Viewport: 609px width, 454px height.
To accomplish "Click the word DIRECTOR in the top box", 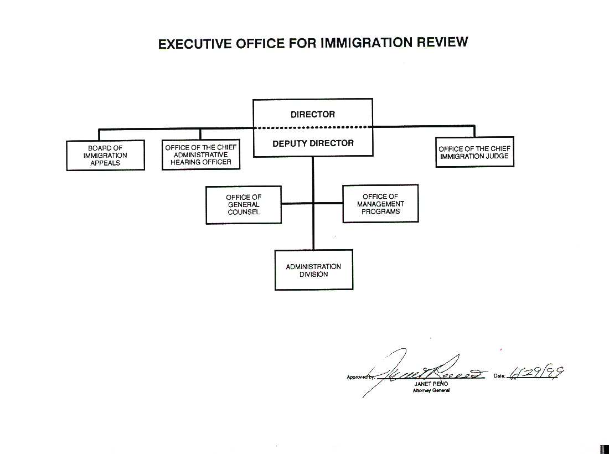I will pyautogui.click(x=313, y=115).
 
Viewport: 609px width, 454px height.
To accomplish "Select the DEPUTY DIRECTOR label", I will pyautogui.click(x=313, y=143).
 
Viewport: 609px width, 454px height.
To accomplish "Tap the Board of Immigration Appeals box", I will pyautogui.click(x=105, y=156).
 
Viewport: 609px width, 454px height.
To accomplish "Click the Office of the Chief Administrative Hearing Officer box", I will pyautogui.click(x=201, y=155).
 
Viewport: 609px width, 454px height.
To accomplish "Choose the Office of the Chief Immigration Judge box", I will pyautogui.click(x=474, y=152).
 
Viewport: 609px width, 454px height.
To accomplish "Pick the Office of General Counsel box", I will pyautogui.click(x=244, y=205).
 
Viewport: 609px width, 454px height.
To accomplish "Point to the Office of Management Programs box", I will pyautogui.click(x=380, y=204).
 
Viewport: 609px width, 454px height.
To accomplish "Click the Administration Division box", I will pyautogui.click(x=313, y=270).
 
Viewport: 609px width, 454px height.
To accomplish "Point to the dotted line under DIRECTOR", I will pyautogui.click(x=313, y=128).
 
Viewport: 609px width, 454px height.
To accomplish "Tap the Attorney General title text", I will pyautogui.click(x=431, y=390).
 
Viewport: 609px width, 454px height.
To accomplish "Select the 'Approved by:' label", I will pyautogui.click(x=359, y=377).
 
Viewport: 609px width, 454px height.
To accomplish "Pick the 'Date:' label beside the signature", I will pyautogui.click(x=499, y=376).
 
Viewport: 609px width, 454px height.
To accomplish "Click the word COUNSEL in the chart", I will pyautogui.click(x=244, y=213).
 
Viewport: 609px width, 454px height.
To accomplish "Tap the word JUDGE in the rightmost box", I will pyautogui.click(x=498, y=156).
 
